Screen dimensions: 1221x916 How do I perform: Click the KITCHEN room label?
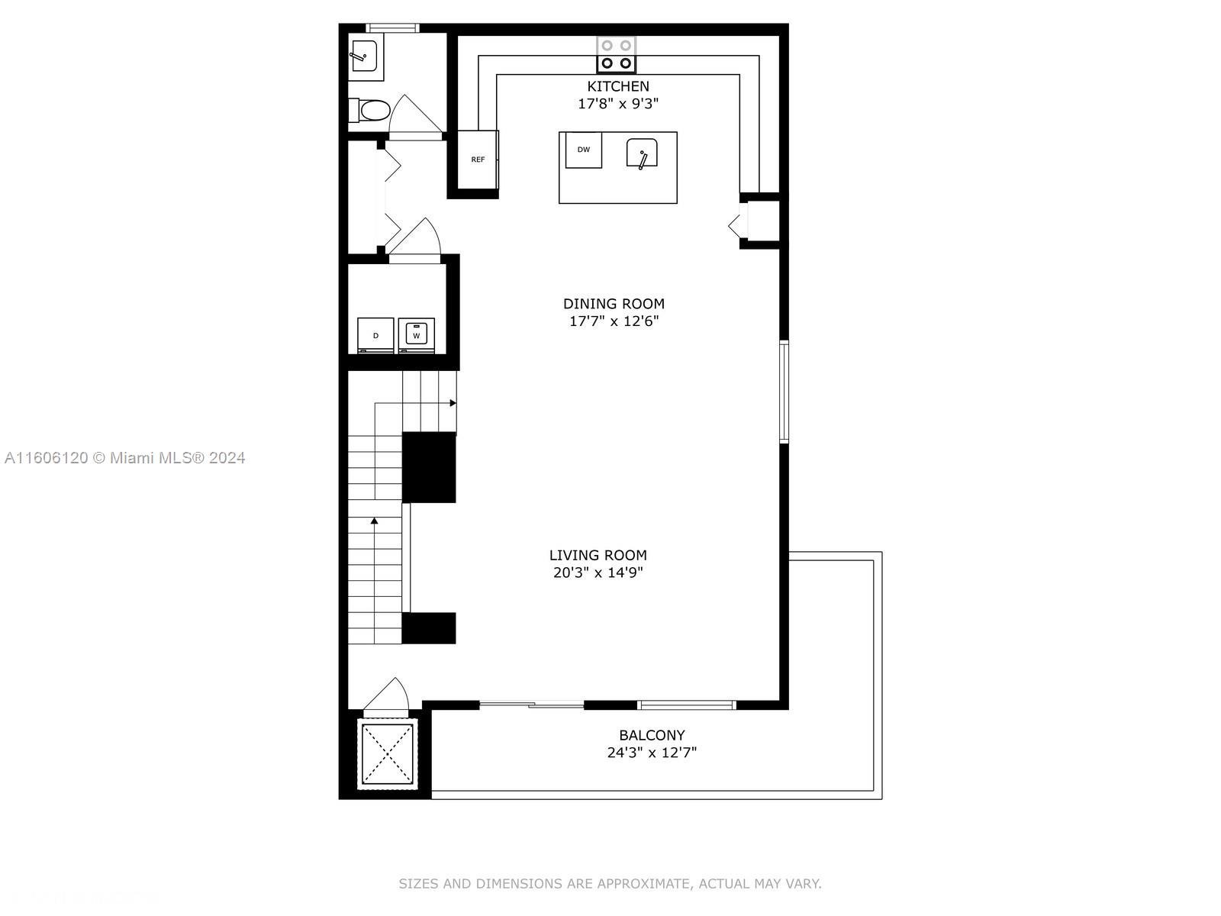(617, 86)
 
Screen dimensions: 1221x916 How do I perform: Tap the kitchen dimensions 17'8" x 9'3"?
(617, 104)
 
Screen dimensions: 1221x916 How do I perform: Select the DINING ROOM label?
(614, 304)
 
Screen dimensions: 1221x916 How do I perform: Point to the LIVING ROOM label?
(598, 555)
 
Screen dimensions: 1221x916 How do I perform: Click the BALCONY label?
(652, 735)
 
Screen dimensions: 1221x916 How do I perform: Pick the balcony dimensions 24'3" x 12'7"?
(652, 753)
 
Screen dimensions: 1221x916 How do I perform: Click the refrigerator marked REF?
(478, 160)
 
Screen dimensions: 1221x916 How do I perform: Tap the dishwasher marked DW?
(584, 150)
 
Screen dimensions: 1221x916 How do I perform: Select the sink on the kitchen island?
(642, 153)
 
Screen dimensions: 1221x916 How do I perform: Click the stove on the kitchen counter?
(617, 54)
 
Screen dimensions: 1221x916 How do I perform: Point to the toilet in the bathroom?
(369, 111)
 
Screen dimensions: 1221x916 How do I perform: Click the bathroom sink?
(366, 56)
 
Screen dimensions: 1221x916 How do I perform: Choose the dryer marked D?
(375, 335)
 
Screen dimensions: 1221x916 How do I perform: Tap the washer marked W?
(417, 335)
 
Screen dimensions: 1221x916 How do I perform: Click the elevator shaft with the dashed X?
(387, 754)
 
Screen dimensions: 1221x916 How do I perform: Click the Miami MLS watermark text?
(124, 458)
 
